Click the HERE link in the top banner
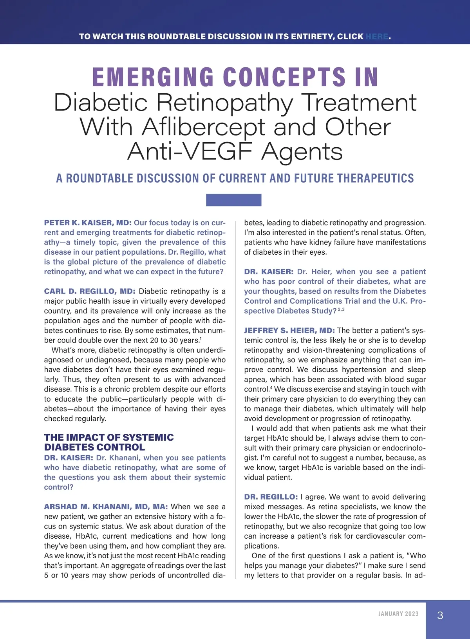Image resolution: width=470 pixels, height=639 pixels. [x=377, y=36]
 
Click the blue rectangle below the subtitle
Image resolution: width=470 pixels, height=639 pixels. [x=233, y=200]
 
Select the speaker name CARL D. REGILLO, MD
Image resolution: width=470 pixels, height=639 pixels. [x=89, y=291]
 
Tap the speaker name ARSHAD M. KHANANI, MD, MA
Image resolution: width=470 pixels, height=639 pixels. [x=106, y=507]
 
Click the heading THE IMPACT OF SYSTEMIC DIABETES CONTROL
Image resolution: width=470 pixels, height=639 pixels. [x=109, y=442]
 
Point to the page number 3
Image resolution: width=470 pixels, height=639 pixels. [x=440, y=615]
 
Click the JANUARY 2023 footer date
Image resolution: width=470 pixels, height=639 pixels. [x=398, y=614]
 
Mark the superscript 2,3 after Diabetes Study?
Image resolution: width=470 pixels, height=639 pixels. [x=341, y=310]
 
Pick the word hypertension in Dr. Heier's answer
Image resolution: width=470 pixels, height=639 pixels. [x=361, y=370]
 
